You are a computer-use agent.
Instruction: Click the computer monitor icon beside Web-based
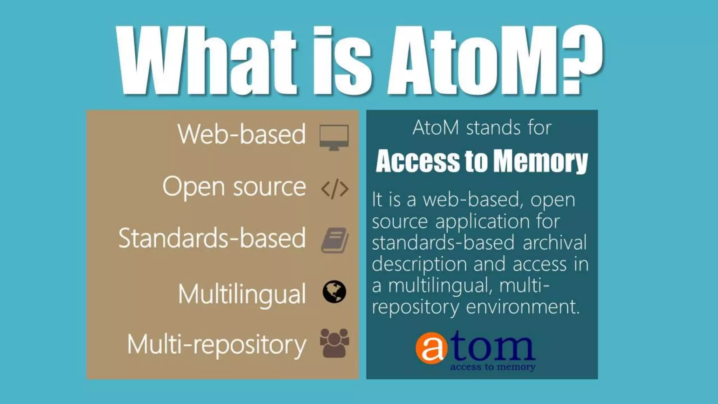tap(334, 137)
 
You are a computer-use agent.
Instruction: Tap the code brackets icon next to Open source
tap(335, 189)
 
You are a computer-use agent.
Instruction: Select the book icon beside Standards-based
tap(335, 240)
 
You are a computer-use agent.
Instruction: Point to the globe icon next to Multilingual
tap(334, 292)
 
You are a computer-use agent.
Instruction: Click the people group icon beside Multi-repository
tap(334, 343)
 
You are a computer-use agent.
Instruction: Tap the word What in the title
tap(207, 60)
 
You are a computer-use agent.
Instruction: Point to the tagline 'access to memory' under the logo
tap(493, 367)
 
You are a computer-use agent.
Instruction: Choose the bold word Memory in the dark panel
tap(540, 161)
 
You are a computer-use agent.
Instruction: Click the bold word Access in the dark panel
tap(417, 161)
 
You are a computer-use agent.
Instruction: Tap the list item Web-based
tap(242, 134)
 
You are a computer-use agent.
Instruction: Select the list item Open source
tap(234, 187)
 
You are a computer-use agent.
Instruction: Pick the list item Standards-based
tap(212, 238)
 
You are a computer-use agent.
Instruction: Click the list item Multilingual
tap(242, 294)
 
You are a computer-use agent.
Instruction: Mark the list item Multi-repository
tap(216, 344)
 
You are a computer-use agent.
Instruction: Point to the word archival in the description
tap(555, 242)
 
